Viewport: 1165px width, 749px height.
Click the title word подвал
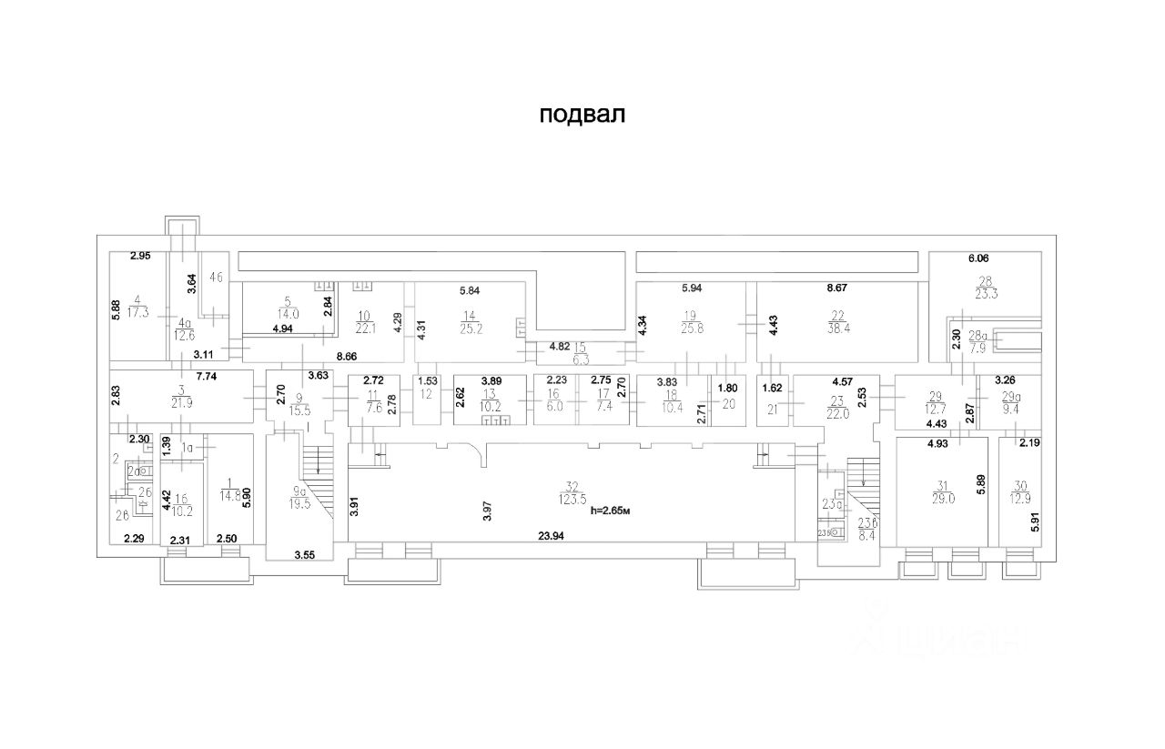click(x=582, y=116)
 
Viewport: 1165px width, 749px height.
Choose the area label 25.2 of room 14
click(x=470, y=329)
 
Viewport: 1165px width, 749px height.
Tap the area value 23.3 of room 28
click(x=984, y=293)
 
